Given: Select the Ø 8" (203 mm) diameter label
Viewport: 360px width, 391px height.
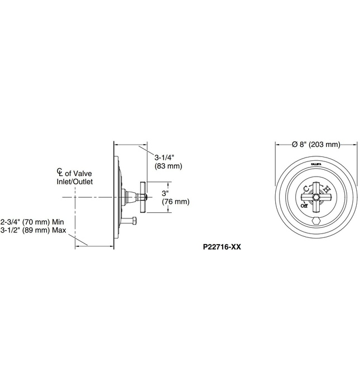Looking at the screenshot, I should [316, 145].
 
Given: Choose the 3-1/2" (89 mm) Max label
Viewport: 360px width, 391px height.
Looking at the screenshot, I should [33, 230].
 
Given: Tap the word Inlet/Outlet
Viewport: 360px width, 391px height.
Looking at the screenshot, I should [74, 182].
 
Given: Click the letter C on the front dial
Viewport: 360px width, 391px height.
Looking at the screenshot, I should [305, 189].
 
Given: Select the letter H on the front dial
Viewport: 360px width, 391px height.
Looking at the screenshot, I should [327, 190].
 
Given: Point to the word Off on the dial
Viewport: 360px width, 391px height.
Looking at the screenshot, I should [304, 206].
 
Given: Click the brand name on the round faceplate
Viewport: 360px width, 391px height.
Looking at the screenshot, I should [316, 164].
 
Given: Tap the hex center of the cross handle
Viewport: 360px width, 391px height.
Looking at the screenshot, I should [316, 197].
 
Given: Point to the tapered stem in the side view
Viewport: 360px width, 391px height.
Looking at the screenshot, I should [133, 197].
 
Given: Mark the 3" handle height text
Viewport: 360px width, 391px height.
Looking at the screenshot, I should [165, 193].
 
